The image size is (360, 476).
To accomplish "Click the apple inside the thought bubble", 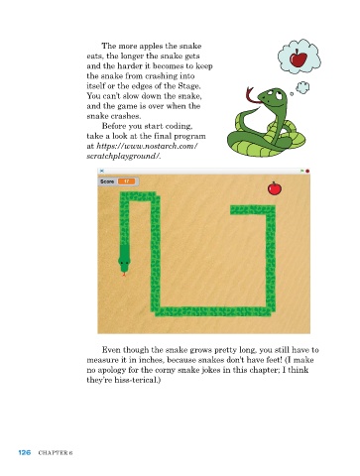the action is tap(299, 59).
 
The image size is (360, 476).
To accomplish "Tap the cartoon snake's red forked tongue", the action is tap(251, 95).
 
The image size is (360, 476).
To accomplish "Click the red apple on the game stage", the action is tap(275, 188).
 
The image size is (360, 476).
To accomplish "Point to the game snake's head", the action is tap(124, 261).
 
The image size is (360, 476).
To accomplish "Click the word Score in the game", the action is tap(107, 181).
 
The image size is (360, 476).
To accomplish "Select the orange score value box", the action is tap(126, 181).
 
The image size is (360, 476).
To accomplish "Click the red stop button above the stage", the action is tap(307, 171).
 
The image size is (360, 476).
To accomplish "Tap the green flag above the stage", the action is tap(301, 171).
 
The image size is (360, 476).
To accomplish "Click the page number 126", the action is tap(25, 452).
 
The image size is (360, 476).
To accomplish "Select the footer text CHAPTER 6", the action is tap(56, 453).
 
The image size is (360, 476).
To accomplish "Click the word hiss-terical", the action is tap(137, 380).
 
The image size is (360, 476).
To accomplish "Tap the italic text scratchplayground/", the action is tap(124, 156).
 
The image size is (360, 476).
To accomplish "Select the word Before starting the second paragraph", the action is tap(113, 126).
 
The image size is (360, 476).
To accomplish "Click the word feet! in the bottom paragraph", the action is tap(273, 360).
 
